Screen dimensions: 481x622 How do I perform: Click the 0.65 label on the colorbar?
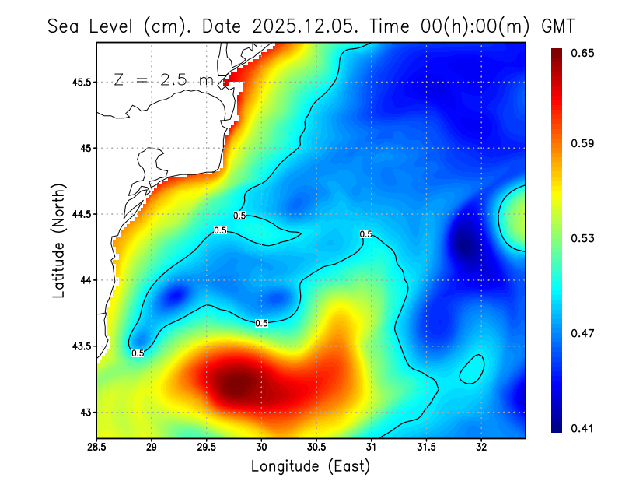(584, 53)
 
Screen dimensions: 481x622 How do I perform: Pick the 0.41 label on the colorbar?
(584, 428)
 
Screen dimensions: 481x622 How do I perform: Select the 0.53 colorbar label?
(584, 238)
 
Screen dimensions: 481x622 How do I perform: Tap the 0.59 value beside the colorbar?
(584, 144)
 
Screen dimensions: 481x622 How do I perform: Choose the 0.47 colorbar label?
(584, 333)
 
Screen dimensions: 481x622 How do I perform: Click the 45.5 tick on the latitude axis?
(79, 82)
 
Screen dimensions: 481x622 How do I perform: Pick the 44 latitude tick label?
(85, 280)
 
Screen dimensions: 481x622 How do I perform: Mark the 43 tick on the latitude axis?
(85, 412)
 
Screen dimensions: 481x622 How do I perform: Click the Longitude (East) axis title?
(310, 466)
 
